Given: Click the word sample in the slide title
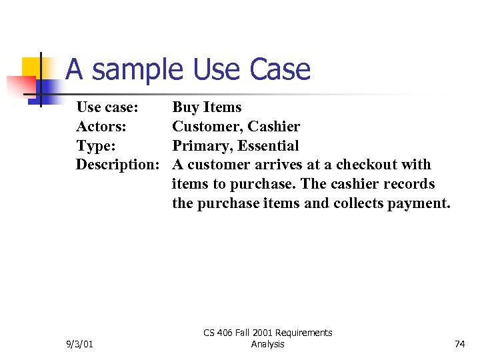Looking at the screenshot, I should [138, 69].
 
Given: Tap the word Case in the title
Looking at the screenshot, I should [280, 69].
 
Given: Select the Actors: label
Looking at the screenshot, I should [101, 127].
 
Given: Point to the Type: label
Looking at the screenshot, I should [96, 145].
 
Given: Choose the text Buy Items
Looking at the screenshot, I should [207, 107].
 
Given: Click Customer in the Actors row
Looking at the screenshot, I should [207, 127].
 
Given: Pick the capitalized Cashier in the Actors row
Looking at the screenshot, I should [274, 127].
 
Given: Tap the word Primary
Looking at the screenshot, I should [201, 145].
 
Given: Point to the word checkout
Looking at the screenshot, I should [365, 165].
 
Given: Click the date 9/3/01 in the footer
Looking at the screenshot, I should [80, 344].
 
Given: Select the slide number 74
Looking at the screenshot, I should [459, 344].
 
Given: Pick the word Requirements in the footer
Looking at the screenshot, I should [303, 333].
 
